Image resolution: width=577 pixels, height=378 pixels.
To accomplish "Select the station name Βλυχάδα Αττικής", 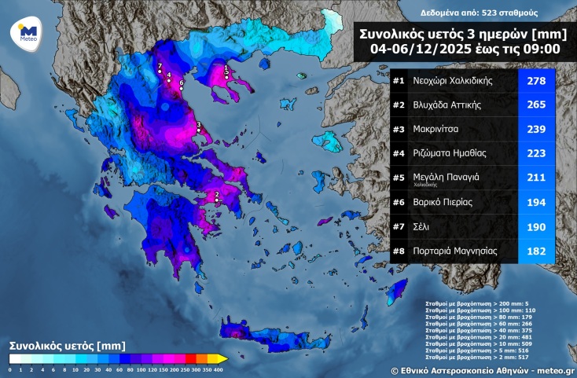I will (447, 105).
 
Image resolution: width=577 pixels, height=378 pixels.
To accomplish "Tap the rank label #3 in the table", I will (399, 130).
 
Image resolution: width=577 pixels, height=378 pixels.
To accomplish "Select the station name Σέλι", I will (422, 227).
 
